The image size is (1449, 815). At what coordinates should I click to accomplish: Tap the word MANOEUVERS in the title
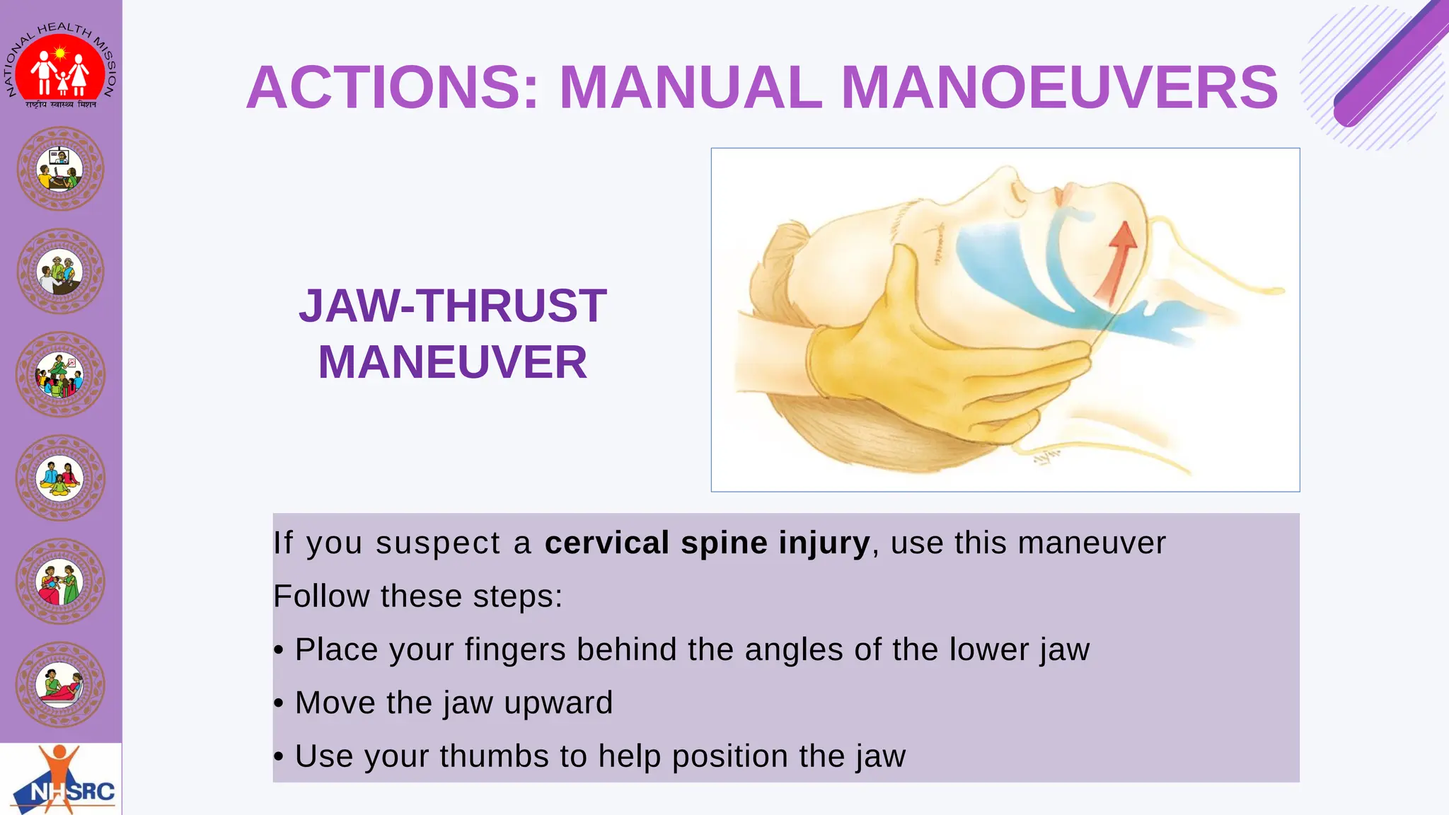[1059, 88]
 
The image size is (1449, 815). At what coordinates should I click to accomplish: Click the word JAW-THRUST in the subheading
[452, 306]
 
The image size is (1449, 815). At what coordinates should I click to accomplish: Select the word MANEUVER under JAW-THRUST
[452, 362]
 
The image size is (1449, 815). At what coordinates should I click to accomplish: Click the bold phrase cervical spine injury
[707, 543]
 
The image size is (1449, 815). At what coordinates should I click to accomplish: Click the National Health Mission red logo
[60, 69]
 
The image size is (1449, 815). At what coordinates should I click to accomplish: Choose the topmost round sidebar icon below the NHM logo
[60, 169]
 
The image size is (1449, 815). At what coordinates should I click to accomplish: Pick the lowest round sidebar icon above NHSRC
[60, 684]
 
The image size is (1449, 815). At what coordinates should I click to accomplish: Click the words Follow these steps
[417, 596]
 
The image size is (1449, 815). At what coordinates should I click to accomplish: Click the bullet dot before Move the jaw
[279, 703]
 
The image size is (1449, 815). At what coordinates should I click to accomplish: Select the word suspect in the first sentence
[438, 543]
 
